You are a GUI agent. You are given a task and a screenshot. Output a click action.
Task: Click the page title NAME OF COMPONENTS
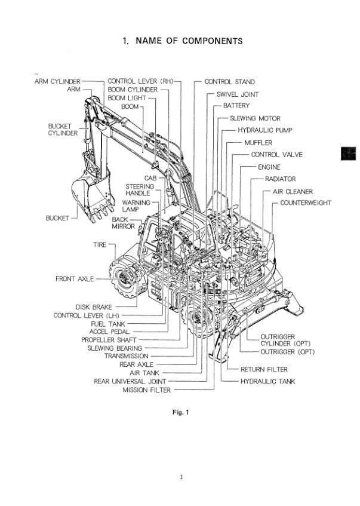pyautogui.click(x=182, y=41)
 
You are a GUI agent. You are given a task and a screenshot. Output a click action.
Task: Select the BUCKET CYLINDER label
pyautogui.click(x=63, y=130)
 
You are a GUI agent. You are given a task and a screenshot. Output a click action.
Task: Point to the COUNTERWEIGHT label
pyautogui.click(x=305, y=203)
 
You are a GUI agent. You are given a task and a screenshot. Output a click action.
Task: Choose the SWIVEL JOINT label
pyautogui.click(x=237, y=94)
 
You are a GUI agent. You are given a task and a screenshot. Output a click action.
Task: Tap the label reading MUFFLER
pyautogui.click(x=258, y=143)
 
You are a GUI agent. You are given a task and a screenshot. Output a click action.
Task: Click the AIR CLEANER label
pyautogui.click(x=293, y=192)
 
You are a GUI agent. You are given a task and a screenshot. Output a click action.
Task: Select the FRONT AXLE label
pyautogui.click(x=75, y=279)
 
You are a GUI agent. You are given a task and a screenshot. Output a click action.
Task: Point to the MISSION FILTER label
pyautogui.click(x=147, y=390)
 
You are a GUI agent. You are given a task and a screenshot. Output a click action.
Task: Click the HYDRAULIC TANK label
pyautogui.click(x=267, y=381)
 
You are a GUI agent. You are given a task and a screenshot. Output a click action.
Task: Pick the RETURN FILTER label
pyautogui.click(x=264, y=370)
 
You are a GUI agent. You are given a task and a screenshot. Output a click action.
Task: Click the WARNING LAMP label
pyautogui.click(x=136, y=207)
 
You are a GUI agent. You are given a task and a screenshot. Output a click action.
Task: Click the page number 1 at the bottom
pyautogui.click(x=180, y=477)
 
